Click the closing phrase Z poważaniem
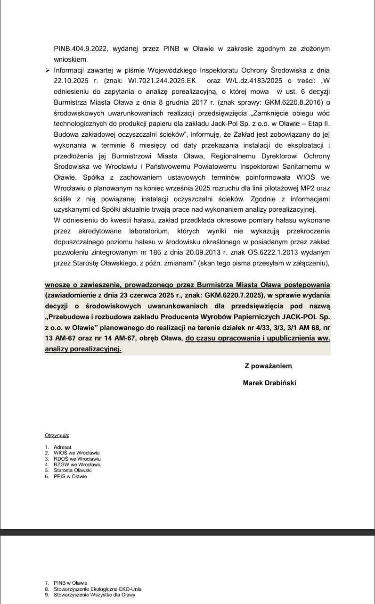coord(268,366)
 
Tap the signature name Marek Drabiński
coord(269,383)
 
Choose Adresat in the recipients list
coord(63,447)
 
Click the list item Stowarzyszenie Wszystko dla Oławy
coord(94,595)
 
